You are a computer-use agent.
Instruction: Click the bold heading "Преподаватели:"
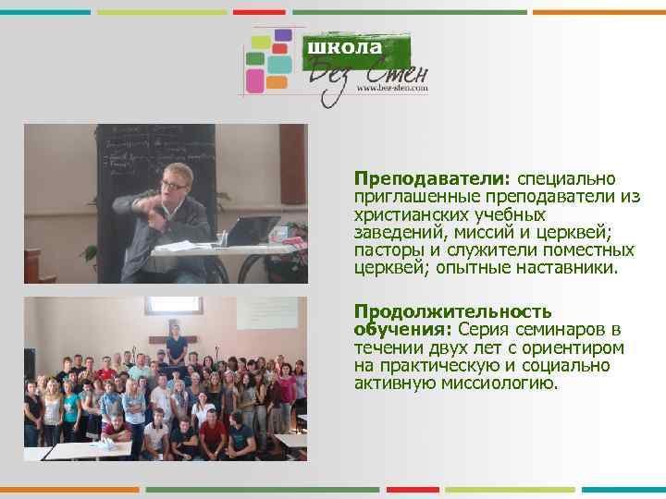[411, 177]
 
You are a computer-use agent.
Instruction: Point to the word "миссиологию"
[501, 383]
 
